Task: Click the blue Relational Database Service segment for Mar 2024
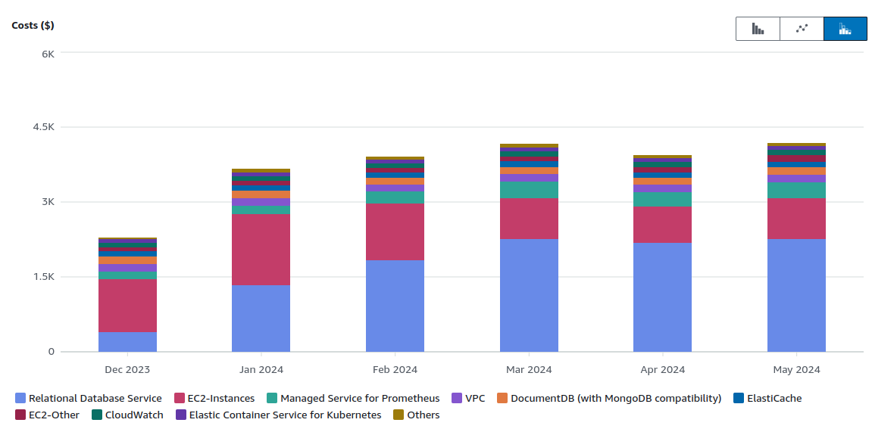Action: (x=529, y=295)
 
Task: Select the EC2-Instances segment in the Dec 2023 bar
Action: (x=127, y=306)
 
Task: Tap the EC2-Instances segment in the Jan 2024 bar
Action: (x=261, y=250)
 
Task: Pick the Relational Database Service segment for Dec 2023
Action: (x=127, y=342)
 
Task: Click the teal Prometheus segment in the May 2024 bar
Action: (x=796, y=190)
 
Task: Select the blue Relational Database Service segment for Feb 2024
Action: (x=395, y=306)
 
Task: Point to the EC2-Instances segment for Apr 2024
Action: (x=662, y=225)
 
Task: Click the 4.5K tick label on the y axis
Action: (x=43, y=127)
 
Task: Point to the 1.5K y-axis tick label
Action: (x=43, y=277)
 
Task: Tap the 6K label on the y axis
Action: (x=48, y=54)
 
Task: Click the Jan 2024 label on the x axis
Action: (x=261, y=370)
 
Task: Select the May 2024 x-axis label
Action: (x=796, y=370)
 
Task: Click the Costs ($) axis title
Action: (x=33, y=25)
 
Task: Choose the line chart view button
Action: (x=802, y=29)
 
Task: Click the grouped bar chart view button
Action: (x=758, y=29)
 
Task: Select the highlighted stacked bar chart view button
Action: (x=845, y=29)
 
